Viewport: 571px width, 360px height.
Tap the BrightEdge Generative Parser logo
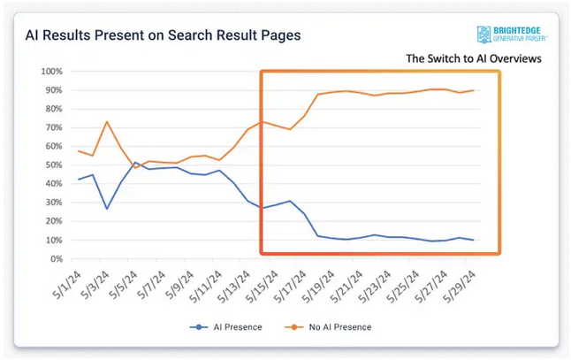[510, 35]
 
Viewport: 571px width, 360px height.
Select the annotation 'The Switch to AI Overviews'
[473, 58]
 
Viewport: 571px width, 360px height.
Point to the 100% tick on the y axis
[51, 72]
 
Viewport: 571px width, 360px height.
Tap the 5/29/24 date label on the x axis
[457, 284]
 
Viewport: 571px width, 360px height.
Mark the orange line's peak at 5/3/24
[107, 122]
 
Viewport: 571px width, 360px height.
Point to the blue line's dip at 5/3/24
[107, 209]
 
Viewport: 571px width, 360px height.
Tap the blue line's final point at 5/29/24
[473, 241]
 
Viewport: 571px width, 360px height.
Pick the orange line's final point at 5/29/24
[473, 90]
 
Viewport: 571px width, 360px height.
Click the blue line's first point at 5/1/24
[79, 180]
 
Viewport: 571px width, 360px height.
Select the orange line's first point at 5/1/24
[79, 151]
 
